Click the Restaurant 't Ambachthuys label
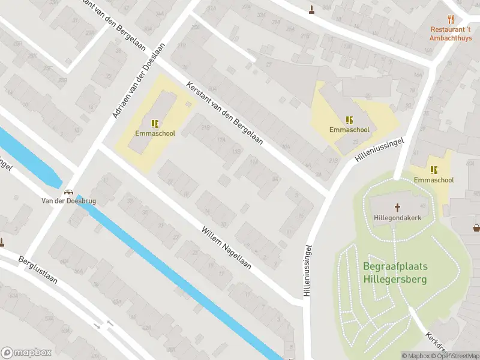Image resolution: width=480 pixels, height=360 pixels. pos(451,33)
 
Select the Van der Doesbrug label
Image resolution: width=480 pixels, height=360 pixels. pos(68,201)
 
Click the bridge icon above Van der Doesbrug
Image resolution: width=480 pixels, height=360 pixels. pos(69,192)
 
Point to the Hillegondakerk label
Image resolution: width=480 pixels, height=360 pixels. pos(397,218)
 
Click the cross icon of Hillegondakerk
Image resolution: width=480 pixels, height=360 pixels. pos(397,208)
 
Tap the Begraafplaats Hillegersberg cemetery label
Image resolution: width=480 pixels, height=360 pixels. pos(396,272)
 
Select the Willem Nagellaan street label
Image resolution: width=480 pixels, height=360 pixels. pos(226,247)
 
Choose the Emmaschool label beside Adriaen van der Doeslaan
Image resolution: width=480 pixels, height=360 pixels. pos(155,133)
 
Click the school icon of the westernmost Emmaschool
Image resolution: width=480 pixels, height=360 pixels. pos(155,124)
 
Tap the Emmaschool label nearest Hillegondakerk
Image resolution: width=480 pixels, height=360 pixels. pos(433,180)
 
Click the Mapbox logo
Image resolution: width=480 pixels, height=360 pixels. pos(26,353)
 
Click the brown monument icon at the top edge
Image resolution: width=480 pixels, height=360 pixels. pos(311,9)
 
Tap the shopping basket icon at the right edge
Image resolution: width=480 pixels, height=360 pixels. pos(476,227)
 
